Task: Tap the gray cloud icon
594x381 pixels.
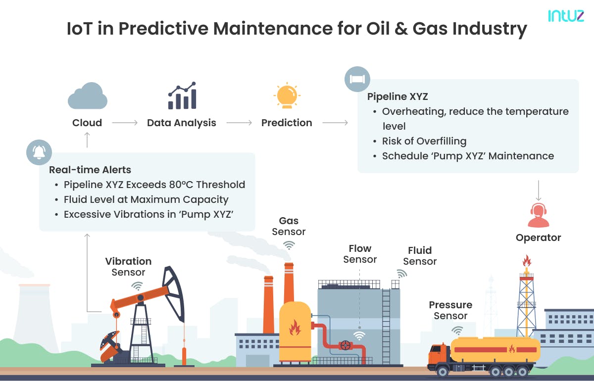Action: tap(87, 96)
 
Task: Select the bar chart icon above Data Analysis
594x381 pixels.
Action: tap(182, 96)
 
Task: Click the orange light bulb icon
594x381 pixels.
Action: tap(287, 96)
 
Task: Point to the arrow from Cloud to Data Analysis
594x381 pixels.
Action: tap(125, 123)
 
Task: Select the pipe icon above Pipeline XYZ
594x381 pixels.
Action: tap(357, 79)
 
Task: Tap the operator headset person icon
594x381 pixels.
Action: tap(538, 215)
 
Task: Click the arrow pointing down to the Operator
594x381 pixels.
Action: tap(538, 190)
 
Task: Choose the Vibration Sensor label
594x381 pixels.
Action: tap(128, 267)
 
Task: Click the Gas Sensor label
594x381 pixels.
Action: tap(289, 226)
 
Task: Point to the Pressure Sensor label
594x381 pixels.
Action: tap(450, 310)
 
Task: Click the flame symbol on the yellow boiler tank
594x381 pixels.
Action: tap(295, 327)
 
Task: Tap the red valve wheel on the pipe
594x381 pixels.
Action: tap(345, 345)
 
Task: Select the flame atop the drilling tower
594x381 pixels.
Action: tap(527, 260)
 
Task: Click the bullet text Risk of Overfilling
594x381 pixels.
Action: tap(424, 141)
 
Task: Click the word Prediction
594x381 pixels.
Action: tap(287, 123)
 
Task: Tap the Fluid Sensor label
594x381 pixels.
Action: tap(420, 256)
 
